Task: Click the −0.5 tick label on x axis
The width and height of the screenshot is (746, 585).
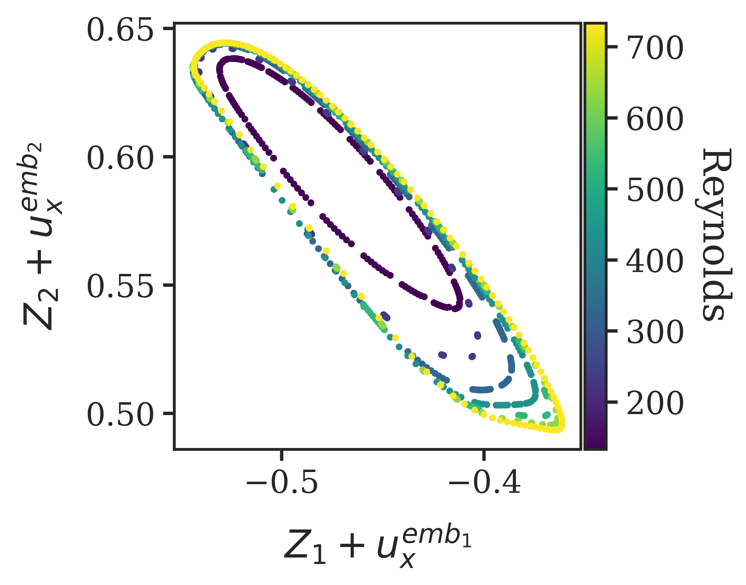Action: point(282,484)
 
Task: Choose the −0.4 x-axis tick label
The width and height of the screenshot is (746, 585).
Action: point(484,484)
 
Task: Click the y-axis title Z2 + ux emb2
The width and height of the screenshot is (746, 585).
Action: point(39,236)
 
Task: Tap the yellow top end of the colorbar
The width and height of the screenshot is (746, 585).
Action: point(595,29)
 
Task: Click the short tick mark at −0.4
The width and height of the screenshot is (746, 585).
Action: point(484,455)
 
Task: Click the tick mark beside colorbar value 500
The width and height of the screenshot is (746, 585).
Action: point(612,189)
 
